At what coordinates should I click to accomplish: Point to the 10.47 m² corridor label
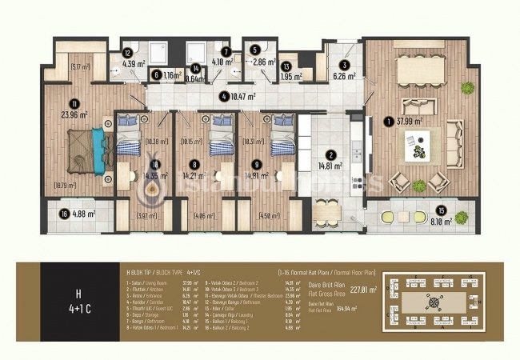click(243, 98)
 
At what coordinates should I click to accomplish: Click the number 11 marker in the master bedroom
click(73, 102)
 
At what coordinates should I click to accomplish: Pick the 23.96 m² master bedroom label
click(72, 114)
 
